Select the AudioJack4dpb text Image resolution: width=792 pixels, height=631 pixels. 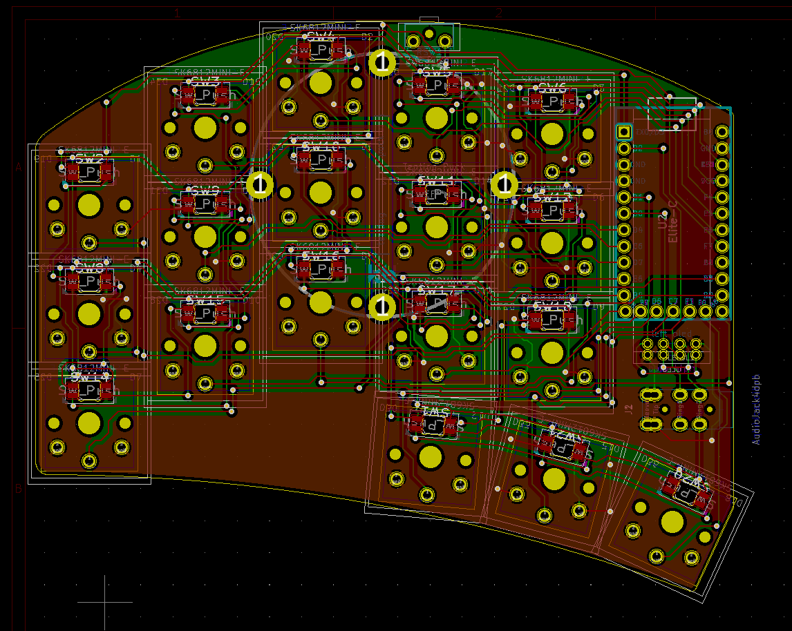pos(756,410)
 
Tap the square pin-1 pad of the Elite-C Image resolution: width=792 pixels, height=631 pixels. pos(623,131)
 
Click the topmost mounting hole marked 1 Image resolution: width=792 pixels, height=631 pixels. pos(381,62)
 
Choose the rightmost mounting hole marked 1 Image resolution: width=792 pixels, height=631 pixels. pos(505,184)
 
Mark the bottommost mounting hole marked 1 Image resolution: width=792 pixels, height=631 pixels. pos(381,307)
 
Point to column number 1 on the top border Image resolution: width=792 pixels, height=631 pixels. pos(177,12)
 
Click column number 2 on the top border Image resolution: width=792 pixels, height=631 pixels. pos(498,12)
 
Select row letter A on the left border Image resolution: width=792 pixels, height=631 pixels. pos(19,167)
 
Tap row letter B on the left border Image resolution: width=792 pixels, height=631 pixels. pos(19,489)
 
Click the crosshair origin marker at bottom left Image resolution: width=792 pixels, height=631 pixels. pos(104,602)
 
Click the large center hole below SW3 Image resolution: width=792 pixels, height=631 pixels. pos(205,128)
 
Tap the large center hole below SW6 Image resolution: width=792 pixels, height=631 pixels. pos(551,133)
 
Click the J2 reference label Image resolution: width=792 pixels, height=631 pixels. pos(628,408)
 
